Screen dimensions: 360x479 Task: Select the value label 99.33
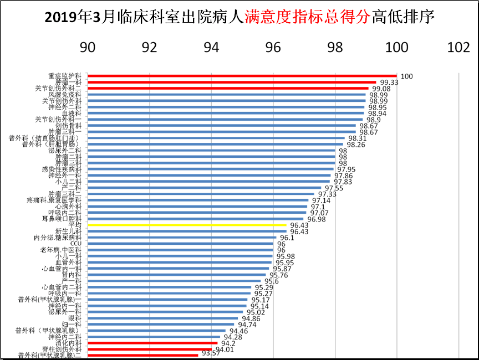click(x=390, y=82)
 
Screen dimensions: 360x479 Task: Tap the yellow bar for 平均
click(x=187, y=225)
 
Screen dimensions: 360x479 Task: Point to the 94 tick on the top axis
click(x=211, y=48)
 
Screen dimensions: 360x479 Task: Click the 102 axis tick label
click(x=458, y=48)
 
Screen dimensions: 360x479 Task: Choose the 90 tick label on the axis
click(x=88, y=48)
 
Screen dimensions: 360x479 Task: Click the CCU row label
click(x=77, y=244)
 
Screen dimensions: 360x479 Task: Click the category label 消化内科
click(x=69, y=343)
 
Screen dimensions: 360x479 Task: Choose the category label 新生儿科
click(x=69, y=232)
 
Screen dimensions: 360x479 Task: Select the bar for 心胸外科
click(x=197, y=207)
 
